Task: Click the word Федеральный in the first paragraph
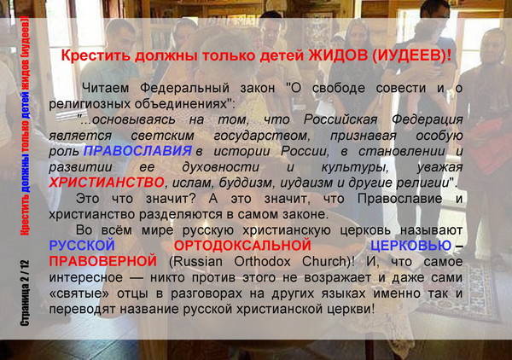pos(185,88)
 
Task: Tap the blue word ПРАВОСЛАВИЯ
pos(137,151)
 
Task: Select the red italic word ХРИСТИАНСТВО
pos(107,183)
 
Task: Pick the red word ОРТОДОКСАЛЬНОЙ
pos(242,246)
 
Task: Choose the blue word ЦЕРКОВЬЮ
pos(410,246)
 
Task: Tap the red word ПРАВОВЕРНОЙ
pos(103,261)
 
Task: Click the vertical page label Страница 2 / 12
pos(25,293)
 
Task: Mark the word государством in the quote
pos(262,136)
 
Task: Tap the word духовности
pos(220,167)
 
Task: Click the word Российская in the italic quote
pos(340,119)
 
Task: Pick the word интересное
pos(86,278)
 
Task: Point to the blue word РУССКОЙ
pos(82,246)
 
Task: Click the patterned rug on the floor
pos(461,292)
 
